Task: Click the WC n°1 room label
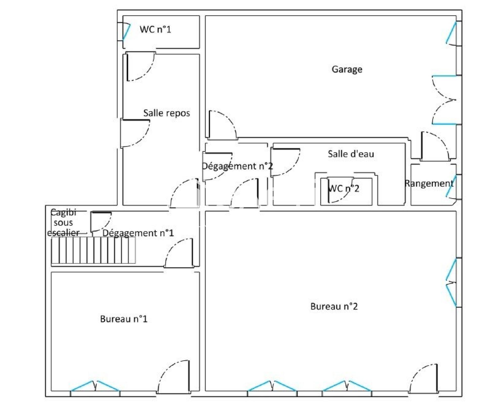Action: (155, 29)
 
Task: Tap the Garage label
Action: (347, 69)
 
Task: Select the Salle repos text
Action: (167, 113)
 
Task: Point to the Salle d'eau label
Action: (351, 154)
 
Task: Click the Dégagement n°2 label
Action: (237, 166)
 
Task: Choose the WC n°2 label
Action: (344, 188)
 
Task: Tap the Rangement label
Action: (429, 184)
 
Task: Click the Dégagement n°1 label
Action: (138, 233)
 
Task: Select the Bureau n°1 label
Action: (124, 319)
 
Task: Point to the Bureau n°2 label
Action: (334, 306)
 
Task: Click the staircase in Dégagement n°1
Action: (93, 250)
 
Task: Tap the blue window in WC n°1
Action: (126, 32)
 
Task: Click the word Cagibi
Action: (63, 213)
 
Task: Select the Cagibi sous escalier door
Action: (101, 221)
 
